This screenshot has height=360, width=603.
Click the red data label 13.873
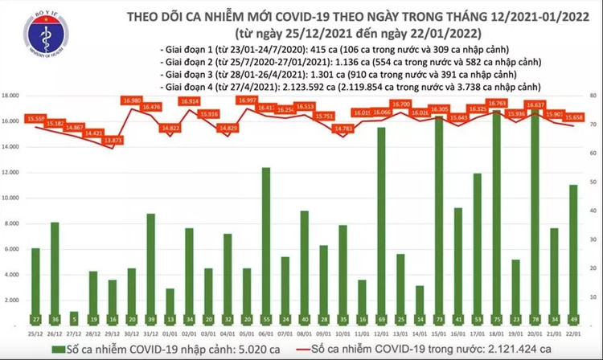pyautogui.click(x=113, y=141)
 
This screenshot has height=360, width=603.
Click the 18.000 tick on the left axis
pyautogui.click(x=13, y=96)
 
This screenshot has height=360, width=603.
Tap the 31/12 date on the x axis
pyautogui.click(x=150, y=332)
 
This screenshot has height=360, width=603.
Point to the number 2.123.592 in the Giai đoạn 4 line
pyautogui.click(x=268, y=84)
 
